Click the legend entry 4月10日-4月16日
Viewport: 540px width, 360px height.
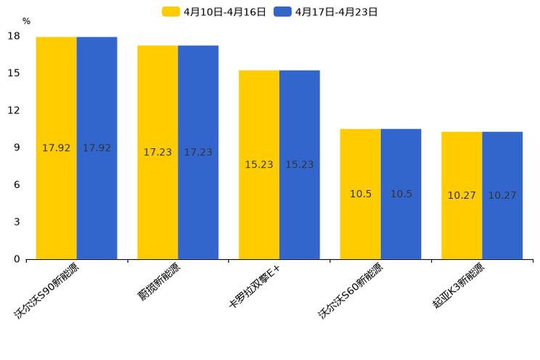(214, 12)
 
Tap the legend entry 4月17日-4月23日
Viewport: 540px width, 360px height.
(326, 12)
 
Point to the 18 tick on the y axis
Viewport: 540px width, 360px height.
(14, 36)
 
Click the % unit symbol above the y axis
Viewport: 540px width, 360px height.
(26, 22)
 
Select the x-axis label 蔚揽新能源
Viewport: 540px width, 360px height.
(159, 282)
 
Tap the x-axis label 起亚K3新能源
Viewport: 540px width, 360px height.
(458, 286)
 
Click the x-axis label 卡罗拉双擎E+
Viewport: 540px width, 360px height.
(254, 287)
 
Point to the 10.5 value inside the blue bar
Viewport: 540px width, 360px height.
(401, 194)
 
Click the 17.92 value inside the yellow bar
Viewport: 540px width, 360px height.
(57, 148)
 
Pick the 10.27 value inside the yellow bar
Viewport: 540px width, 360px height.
(462, 195)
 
